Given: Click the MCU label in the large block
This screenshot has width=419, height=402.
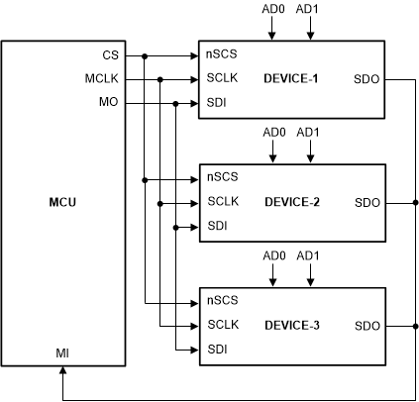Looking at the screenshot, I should coord(63,203).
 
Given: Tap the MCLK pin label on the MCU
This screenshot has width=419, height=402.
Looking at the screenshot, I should coord(102,78).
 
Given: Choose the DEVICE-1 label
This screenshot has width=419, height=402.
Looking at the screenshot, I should coord(291,78).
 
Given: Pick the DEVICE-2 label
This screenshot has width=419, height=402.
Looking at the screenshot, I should coord(291,202).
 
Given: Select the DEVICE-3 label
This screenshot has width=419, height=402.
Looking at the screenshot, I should coord(291,325).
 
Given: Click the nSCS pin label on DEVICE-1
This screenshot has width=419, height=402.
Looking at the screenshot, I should coord(222,54).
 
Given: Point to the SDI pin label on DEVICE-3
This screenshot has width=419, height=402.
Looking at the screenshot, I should coord(216,349).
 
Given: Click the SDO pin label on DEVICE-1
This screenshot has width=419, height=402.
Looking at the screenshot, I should coord(367,78).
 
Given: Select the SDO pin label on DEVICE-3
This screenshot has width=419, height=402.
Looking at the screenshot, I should coord(367,325).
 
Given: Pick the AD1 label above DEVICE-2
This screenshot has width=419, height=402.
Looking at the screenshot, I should coord(310,132).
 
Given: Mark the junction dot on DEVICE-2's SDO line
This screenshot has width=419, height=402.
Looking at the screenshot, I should coord(414,202).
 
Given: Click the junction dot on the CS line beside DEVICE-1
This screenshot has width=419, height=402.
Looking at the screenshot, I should coord(145,54).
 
